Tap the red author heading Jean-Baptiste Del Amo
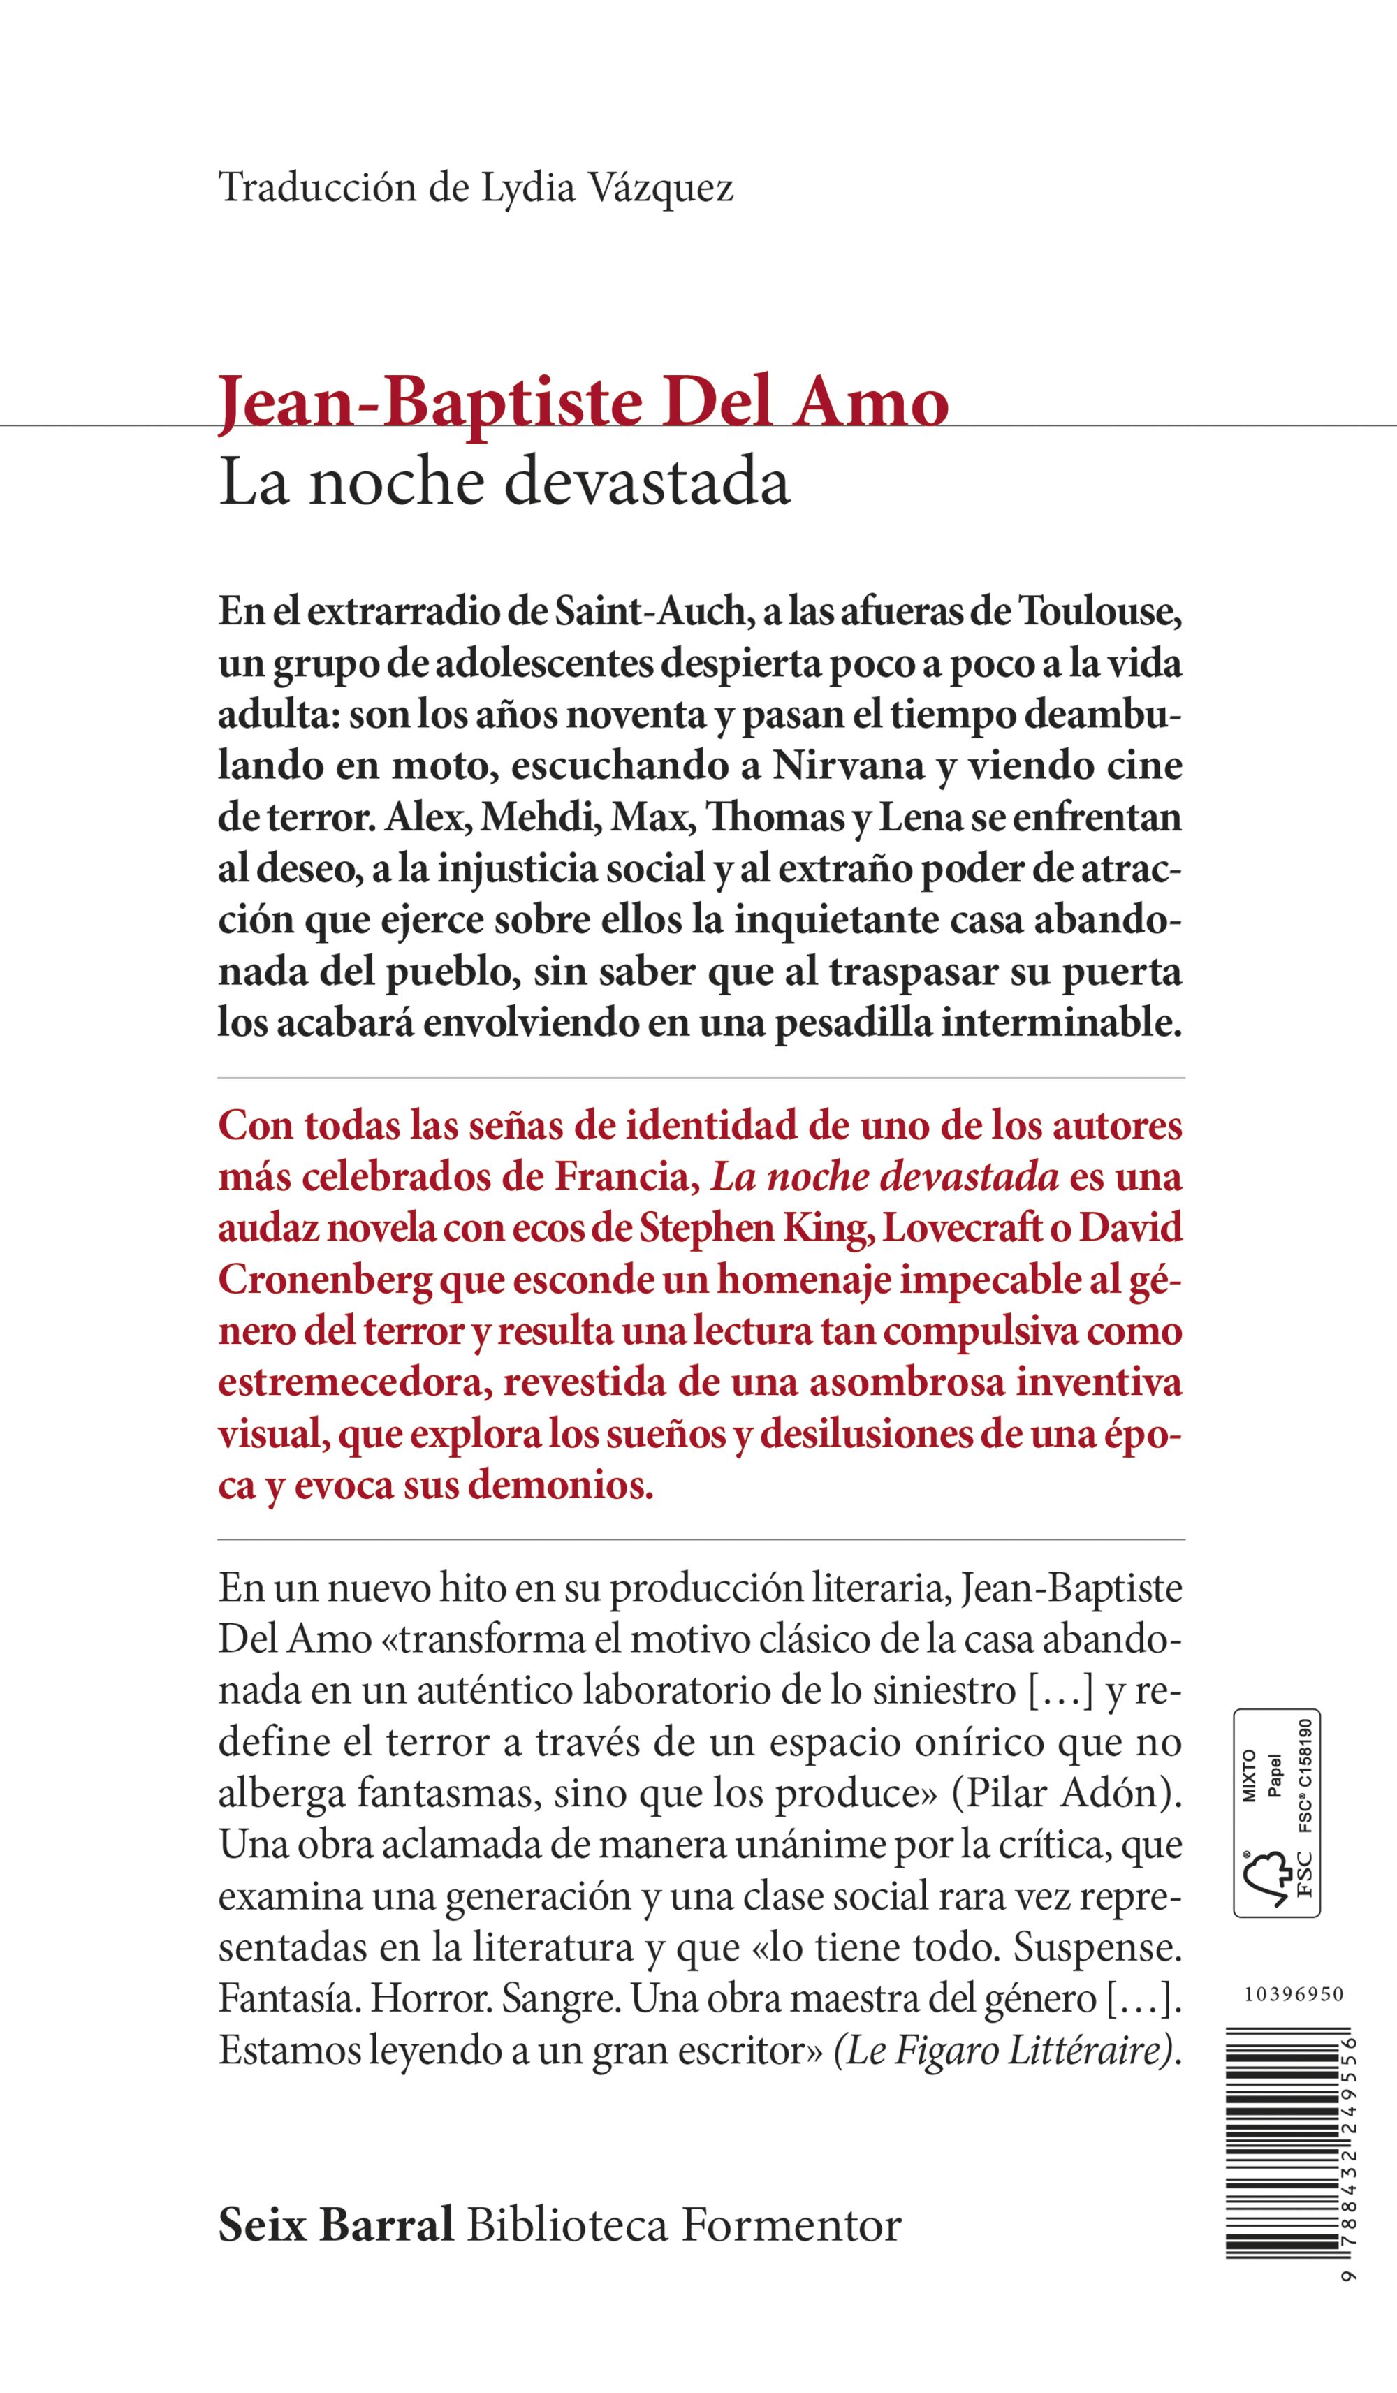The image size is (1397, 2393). [x=583, y=402]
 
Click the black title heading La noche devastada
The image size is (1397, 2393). [x=504, y=483]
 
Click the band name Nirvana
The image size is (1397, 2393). [x=848, y=766]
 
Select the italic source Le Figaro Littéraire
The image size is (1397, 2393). [x=1004, y=2050]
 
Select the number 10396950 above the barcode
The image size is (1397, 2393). [x=1294, y=1995]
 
